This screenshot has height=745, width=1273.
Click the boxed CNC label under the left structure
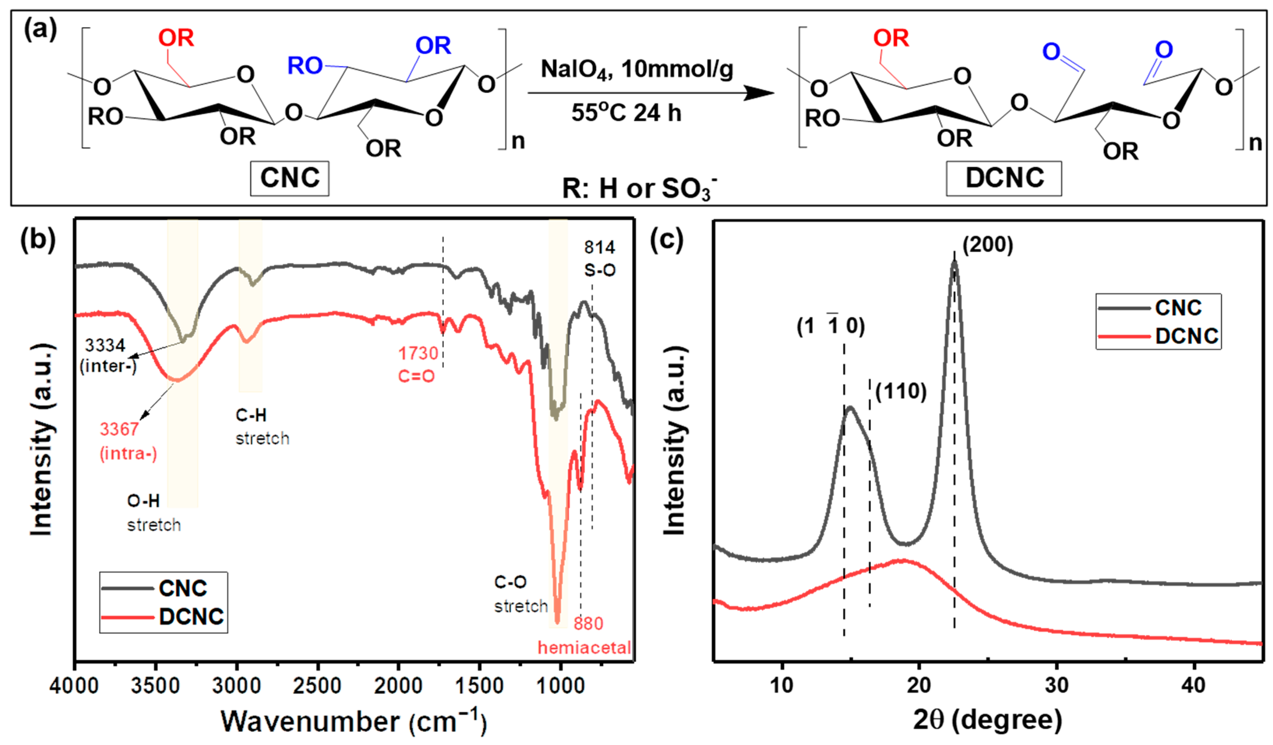(x=289, y=178)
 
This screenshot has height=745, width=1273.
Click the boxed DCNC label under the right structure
(x=1004, y=178)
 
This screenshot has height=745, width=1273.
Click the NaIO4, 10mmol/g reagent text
(x=636, y=69)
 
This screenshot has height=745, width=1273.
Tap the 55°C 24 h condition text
(x=626, y=112)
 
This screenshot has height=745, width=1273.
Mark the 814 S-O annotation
(x=600, y=258)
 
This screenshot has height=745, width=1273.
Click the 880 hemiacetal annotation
(x=585, y=635)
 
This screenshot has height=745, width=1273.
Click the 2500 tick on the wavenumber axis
(x=318, y=686)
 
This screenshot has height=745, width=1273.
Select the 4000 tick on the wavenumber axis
(x=74, y=686)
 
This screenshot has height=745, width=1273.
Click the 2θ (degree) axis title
(x=988, y=720)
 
